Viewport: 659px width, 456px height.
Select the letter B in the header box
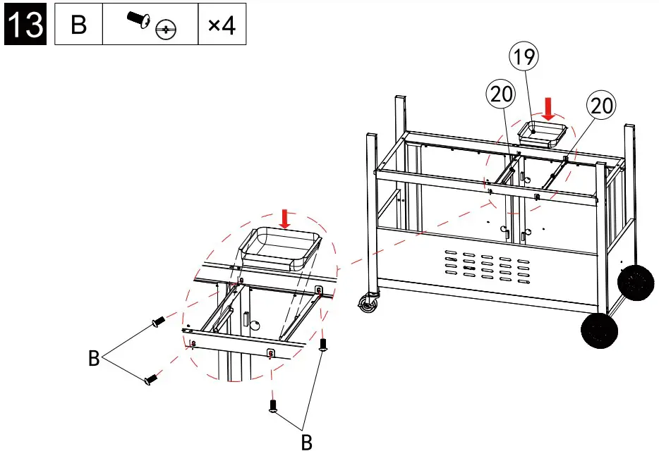78,25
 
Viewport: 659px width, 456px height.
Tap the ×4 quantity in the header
222,25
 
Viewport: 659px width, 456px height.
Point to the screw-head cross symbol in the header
167,30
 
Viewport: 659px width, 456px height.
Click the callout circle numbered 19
524,58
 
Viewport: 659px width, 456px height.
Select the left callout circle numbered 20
500,94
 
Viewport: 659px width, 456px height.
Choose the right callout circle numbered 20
601,106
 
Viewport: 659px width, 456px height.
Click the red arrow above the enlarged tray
284,217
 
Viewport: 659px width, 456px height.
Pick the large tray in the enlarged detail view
282,249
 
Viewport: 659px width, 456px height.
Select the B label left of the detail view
93,359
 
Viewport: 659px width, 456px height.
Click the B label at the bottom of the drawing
306,443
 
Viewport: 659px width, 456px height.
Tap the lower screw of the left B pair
150,379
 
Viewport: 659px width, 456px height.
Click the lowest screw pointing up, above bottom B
272,405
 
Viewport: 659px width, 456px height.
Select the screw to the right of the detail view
324,344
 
